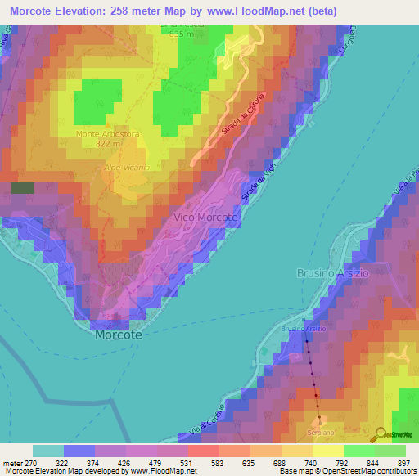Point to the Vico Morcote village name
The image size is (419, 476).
206,218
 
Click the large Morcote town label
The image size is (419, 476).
119,335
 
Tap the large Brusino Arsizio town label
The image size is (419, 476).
333,273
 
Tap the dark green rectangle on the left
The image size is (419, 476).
22,187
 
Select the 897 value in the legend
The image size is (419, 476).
403,462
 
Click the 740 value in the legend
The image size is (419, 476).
309,462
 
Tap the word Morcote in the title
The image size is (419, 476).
35,11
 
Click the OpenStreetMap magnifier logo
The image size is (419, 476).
380,434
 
